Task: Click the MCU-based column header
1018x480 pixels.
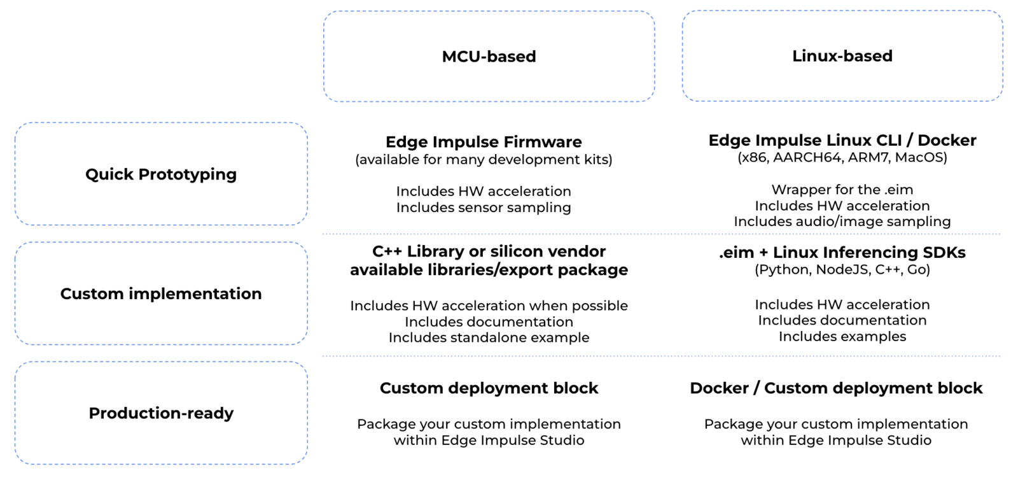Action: pos(489,57)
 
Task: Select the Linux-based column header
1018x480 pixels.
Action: pos(842,56)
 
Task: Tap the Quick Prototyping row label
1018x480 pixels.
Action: pos(161,174)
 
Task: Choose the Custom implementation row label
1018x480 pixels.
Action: pos(161,293)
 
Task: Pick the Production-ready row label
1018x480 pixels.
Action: pos(161,413)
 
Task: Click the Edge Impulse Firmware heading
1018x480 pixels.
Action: pos(484,142)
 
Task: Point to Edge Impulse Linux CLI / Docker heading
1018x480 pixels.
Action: pos(842,140)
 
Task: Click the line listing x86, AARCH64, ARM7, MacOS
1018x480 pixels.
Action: pos(842,157)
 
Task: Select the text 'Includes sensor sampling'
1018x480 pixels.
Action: pos(484,208)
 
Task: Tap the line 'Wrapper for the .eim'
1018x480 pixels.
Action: pos(842,190)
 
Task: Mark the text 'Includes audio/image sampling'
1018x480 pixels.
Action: pos(842,222)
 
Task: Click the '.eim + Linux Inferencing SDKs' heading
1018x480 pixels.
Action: pos(842,253)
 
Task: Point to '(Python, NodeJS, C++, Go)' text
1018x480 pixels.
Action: pos(842,269)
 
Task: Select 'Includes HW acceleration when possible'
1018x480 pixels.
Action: pos(489,306)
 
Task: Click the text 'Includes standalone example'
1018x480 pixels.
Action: pos(489,337)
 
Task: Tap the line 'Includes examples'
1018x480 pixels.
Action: pos(842,336)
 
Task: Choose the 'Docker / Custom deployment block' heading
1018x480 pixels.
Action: pos(836,388)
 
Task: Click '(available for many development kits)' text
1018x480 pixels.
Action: pos(484,159)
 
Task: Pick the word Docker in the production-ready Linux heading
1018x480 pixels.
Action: pos(719,388)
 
